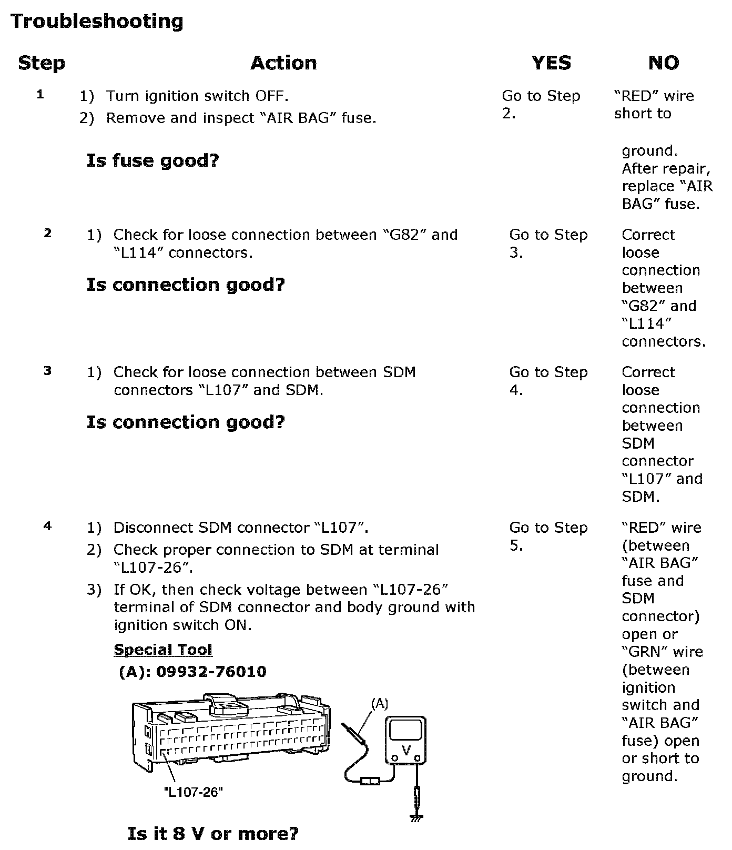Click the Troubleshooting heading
click(x=97, y=22)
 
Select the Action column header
click(x=283, y=63)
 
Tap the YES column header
click(x=551, y=63)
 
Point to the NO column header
click(x=664, y=63)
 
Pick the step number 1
click(x=40, y=95)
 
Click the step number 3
click(x=48, y=371)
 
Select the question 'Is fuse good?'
click(x=152, y=160)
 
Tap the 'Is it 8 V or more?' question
click(x=213, y=833)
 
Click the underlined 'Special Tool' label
click(x=163, y=650)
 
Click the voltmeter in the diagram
click(x=405, y=740)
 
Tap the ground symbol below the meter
click(x=416, y=817)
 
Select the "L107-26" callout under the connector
click(x=194, y=792)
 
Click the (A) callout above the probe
click(x=379, y=703)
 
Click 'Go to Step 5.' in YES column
click(x=548, y=537)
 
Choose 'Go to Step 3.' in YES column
click(x=548, y=244)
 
